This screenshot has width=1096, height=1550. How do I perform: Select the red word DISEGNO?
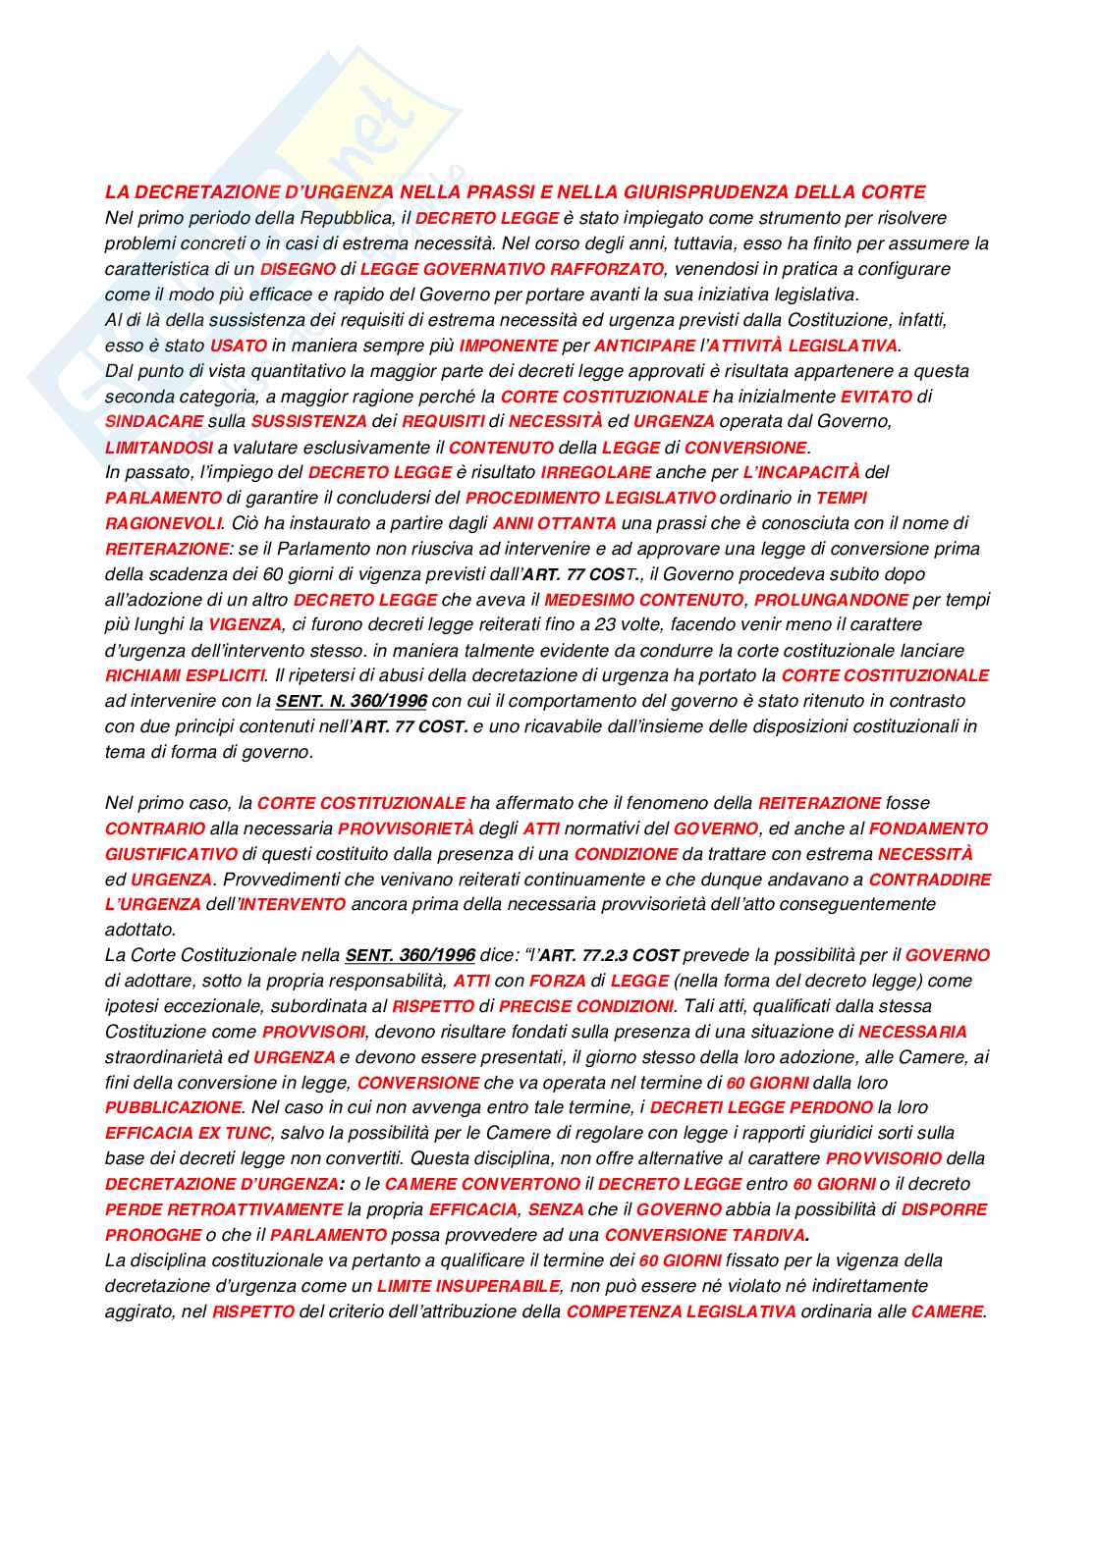click(298, 269)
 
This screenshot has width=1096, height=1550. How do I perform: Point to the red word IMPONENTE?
click(508, 346)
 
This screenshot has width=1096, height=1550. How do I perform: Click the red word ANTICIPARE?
click(644, 346)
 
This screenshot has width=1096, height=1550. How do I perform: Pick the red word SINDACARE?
click(154, 422)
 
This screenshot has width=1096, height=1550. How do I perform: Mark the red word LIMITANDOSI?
click(159, 448)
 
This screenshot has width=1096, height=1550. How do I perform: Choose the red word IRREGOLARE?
click(595, 473)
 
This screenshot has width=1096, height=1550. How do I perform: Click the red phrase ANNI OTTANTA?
click(554, 524)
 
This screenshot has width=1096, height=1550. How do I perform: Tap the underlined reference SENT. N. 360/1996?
click(351, 702)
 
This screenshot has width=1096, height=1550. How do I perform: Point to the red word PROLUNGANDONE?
click(831, 600)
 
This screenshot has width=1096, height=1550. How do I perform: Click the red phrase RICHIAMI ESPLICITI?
click(185, 676)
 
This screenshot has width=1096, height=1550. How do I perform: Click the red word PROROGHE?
click(152, 1236)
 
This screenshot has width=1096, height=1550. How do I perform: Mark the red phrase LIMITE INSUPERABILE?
click(468, 1287)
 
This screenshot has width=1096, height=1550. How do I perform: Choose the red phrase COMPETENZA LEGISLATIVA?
click(681, 1312)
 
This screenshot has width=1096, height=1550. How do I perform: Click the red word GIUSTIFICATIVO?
click(171, 855)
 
